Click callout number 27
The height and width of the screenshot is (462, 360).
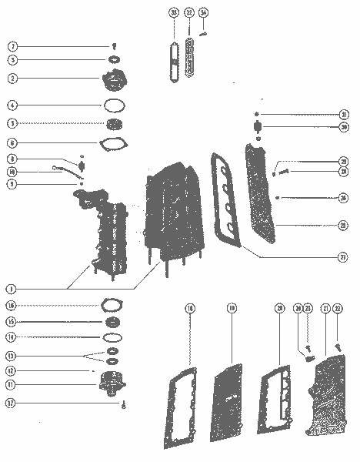coord(344,257)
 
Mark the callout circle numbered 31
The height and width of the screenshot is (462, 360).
coord(344,115)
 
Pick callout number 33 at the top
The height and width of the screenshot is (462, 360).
coord(175,13)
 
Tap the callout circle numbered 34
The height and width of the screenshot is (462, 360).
coord(203,13)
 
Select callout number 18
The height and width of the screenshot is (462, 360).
coord(189,309)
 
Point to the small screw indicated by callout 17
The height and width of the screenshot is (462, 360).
coord(123,403)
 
